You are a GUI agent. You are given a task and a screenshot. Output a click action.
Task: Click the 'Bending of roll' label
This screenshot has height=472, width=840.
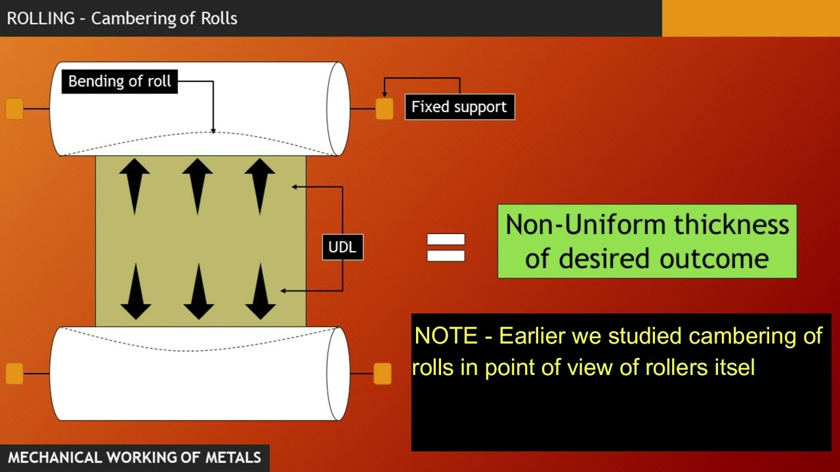(x=119, y=81)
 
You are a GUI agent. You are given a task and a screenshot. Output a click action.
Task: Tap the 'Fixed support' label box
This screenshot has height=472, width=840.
(x=459, y=107)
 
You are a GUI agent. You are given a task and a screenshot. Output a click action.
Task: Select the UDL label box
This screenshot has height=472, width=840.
(x=343, y=247)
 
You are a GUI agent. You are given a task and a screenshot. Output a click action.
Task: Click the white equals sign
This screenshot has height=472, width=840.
(x=446, y=248)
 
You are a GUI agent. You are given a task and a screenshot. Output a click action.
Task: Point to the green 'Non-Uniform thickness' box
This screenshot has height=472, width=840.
(x=647, y=241)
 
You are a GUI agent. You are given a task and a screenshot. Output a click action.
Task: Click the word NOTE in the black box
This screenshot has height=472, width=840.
(x=446, y=336)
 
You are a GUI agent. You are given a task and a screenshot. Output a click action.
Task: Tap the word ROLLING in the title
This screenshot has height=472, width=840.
(x=41, y=18)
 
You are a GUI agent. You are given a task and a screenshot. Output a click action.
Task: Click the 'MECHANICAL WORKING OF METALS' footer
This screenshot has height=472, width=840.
(x=135, y=458)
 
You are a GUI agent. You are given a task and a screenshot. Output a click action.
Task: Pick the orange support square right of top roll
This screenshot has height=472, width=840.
(x=385, y=109)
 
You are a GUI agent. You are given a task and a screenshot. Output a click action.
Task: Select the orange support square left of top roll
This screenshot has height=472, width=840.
(x=14, y=109)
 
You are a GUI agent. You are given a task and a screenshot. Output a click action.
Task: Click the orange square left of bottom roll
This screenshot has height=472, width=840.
(x=14, y=374)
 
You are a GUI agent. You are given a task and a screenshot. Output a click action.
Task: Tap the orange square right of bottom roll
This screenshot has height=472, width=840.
(x=383, y=374)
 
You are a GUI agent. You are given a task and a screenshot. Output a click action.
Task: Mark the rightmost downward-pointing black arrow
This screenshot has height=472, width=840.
(x=261, y=292)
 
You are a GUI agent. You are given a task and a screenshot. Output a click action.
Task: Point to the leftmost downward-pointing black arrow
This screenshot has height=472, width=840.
(x=136, y=292)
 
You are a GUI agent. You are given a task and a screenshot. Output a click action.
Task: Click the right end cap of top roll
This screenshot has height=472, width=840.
(x=339, y=109)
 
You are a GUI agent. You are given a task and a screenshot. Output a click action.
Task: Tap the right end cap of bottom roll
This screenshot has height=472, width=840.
(x=339, y=374)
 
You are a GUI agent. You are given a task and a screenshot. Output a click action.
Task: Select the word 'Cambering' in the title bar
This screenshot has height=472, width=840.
(x=136, y=18)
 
